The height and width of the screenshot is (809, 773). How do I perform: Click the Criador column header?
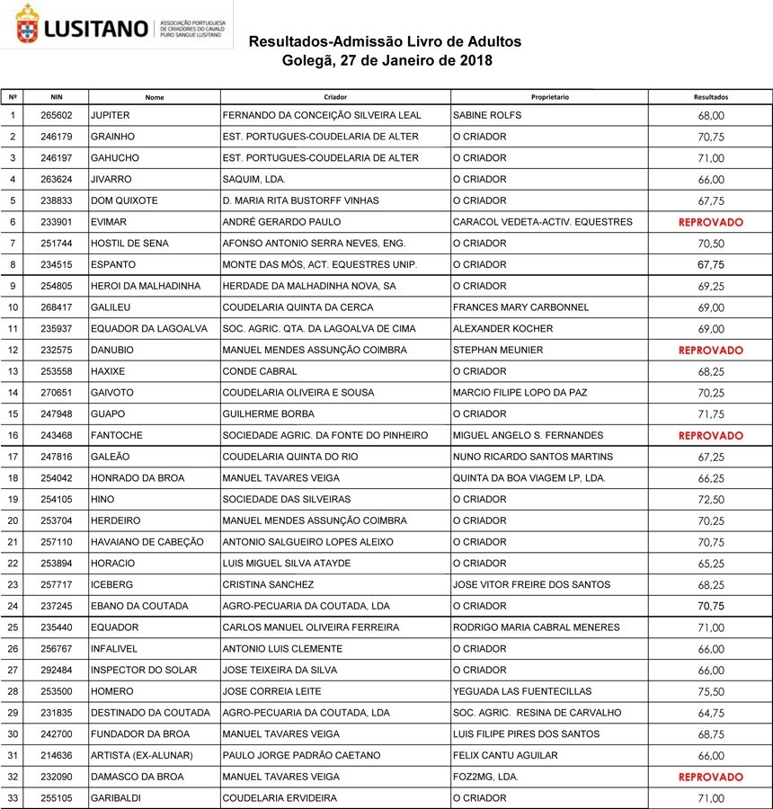(335, 96)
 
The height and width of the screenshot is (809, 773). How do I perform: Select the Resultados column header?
(710, 96)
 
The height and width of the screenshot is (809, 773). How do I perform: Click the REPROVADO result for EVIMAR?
(710, 222)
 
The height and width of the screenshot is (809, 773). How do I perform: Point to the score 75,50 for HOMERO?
(710, 691)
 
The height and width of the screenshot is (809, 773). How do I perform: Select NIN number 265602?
(57, 116)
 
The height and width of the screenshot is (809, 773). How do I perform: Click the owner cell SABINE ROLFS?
(487, 116)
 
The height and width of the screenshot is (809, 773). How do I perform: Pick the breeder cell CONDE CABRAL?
(259, 371)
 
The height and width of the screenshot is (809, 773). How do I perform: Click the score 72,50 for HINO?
(710, 500)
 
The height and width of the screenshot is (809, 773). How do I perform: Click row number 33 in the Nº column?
(13, 798)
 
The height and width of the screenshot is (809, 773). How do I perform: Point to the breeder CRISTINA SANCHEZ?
(267, 585)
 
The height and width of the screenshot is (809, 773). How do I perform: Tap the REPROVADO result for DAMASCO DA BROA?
(710, 777)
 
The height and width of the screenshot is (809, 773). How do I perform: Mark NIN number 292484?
(57, 671)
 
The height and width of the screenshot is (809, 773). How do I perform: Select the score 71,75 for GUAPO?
(710, 414)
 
